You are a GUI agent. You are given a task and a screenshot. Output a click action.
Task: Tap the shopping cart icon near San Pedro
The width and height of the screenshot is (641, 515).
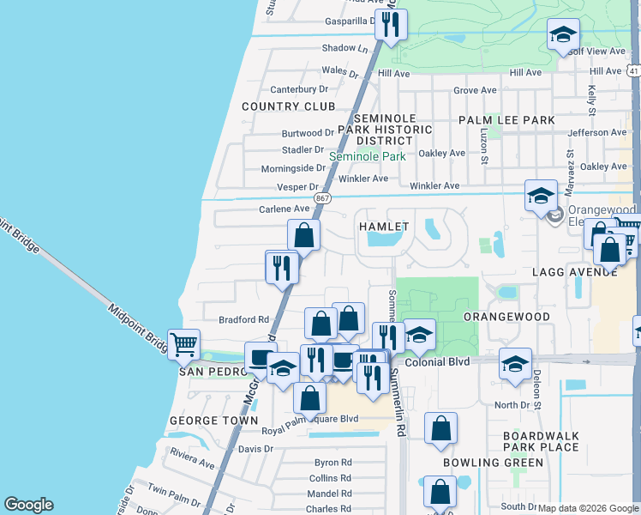pyautogui.click(x=184, y=345)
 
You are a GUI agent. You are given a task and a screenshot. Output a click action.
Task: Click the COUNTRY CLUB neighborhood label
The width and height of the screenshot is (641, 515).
pyautogui.click(x=288, y=106)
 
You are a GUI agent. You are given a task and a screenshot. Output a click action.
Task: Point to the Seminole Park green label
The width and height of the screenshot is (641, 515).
pyautogui.click(x=368, y=157)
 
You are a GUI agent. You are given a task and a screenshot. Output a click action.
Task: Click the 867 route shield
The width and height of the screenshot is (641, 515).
pyautogui.click(x=322, y=197)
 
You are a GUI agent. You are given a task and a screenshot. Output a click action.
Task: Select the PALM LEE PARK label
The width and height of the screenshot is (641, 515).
pyautogui.click(x=506, y=120)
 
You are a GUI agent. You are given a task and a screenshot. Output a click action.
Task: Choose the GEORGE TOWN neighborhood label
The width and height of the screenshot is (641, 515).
pyautogui.click(x=213, y=421)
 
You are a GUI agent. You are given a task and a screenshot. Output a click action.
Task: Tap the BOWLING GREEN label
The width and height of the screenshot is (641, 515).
pyautogui.click(x=493, y=463)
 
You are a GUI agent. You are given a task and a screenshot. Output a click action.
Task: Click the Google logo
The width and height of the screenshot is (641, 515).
pyautogui.click(x=28, y=505)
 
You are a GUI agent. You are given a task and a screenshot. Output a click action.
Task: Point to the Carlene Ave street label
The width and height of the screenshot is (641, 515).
pyautogui.click(x=284, y=209)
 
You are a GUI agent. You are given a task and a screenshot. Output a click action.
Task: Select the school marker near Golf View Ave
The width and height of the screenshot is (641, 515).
pyautogui.click(x=563, y=33)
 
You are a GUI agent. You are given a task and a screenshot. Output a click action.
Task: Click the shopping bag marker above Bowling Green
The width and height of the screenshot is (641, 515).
pyautogui.click(x=440, y=428)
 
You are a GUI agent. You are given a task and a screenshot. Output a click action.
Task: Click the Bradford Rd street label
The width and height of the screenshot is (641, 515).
pyautogui.click(x=244, y=319)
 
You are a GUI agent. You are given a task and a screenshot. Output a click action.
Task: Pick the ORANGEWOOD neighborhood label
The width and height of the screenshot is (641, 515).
pyautogui.click(x=506, y=317)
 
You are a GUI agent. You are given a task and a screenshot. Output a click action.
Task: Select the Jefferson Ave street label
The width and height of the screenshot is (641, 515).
pyautogui.click(x=596, y=133)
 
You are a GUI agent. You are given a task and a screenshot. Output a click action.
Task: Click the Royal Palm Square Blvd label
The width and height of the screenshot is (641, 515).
pyautogui.click(x=309, y=420)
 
